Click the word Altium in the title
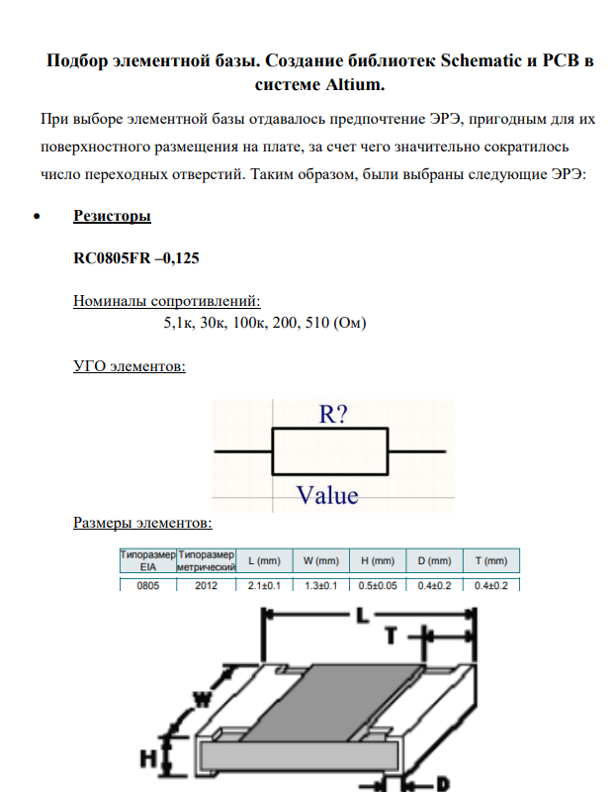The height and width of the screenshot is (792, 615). (347, 85)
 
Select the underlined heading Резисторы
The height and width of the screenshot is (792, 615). (112, 216)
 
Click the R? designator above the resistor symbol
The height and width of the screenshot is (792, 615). (331, 415)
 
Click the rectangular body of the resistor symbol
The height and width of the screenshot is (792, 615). (331, 452)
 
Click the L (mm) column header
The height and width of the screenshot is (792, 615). (264, 561)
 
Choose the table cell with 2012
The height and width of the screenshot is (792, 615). (206, 586)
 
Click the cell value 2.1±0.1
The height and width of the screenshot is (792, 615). (264, 586)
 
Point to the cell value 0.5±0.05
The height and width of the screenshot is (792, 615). (378, 586)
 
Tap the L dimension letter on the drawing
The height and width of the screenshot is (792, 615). (361, 616)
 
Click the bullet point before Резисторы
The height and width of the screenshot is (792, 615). (37, 217)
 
